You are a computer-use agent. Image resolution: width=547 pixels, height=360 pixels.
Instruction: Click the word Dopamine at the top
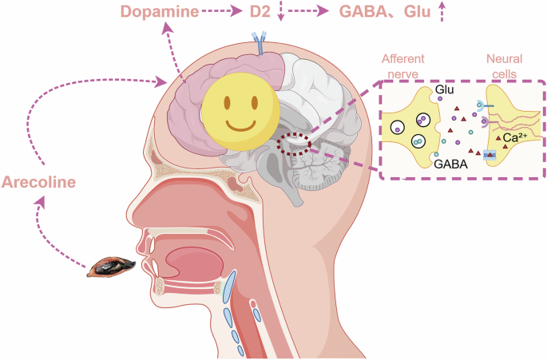click(160, 11)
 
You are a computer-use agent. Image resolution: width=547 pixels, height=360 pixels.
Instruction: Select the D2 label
click(260, 11)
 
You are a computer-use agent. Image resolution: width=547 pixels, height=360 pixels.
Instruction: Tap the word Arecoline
click(38, 182)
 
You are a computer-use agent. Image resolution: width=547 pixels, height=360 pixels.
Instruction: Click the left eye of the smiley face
click(227, 102)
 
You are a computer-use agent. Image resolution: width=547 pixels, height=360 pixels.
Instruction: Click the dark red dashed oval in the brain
click(294, 144)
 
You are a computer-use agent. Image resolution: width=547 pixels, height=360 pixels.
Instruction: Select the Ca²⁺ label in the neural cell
click(514, 138)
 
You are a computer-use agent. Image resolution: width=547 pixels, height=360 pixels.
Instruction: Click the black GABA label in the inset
click(450, 164)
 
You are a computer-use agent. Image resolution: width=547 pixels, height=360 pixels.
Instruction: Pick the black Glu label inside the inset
click(445, 89)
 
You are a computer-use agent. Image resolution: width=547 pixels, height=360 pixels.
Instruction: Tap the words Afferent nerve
click(403, 66)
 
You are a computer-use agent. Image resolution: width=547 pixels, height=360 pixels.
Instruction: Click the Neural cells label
click(505, 66)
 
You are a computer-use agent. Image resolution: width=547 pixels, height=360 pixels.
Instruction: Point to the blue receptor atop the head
click(260, 43)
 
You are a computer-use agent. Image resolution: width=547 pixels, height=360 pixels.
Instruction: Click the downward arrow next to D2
click(281, 11)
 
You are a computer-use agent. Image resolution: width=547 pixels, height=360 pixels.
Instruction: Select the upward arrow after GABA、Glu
click(442, 11)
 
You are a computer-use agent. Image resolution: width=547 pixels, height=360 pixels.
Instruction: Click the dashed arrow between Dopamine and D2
click(222, 11)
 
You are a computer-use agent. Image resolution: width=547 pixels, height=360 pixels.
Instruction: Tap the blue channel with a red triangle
click(490, 154)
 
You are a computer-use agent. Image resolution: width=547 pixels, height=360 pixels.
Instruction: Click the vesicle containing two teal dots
click(418, 141)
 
